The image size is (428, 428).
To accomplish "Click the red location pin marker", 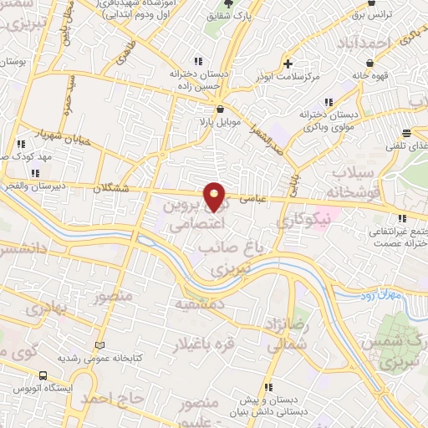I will [x=215, y=196].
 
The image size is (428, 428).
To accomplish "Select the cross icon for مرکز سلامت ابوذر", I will [x=288, y=64].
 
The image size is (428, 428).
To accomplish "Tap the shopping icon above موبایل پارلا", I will [x=219, y=109].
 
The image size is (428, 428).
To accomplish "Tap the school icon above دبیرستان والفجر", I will [x=34, y=173].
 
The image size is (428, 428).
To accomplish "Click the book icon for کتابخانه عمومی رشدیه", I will [x=100, y=345].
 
